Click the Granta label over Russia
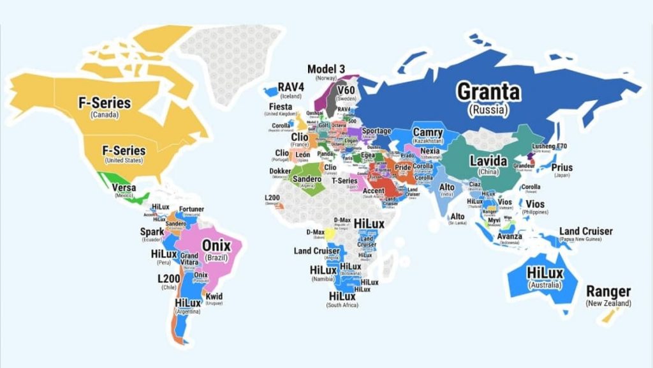point(488,92)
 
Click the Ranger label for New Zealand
point(609,291)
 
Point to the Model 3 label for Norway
point(326,69)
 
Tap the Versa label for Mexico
point(123,188)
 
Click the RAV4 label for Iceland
point(290,88)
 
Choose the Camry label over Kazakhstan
point(427,131)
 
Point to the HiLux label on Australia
point(545,273)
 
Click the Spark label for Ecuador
point(151,231)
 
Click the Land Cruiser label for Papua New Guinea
point(585,231)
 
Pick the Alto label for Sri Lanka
point(457,217)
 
